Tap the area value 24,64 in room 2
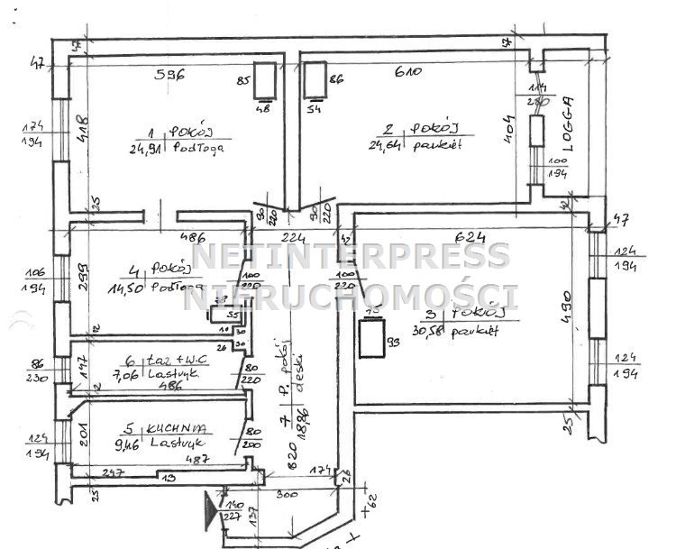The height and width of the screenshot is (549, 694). (x=385, y=144)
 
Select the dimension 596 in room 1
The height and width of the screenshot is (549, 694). (x=169, y=76)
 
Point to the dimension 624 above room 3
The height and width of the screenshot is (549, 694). (x=469, y=237)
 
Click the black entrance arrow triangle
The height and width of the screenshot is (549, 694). (x=212, y=510)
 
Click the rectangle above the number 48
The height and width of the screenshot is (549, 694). (x=265, y=82)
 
